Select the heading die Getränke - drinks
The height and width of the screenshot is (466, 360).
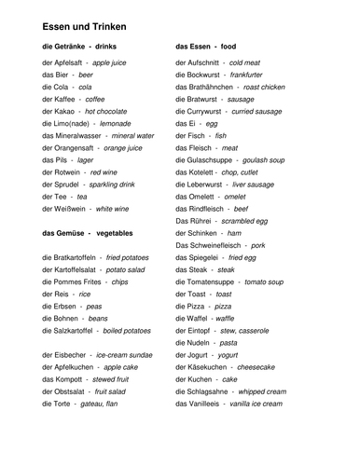click(81, 46)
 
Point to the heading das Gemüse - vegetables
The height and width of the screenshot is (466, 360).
click(88, 232)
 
